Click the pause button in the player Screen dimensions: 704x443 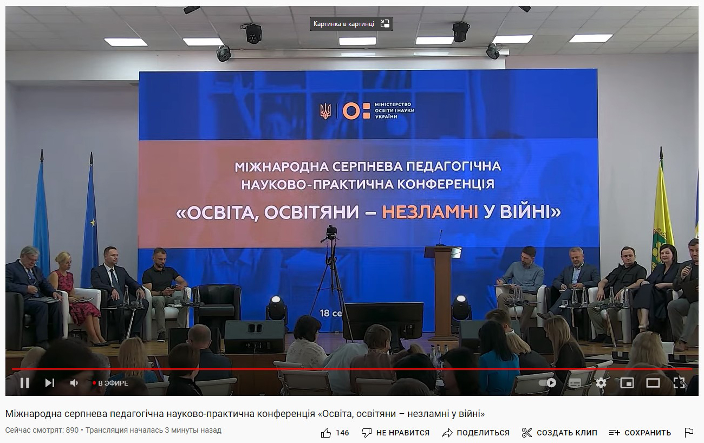(24, 383)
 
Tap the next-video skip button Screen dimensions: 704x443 (50, 383)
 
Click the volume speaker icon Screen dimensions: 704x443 (74, 383)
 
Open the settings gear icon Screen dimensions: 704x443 (601, 383)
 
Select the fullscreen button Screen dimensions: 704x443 (679, 383)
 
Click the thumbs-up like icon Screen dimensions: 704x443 (326, 433)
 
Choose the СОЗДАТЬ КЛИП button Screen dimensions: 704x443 (559, 433)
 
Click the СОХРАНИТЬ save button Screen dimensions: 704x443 (640, 433)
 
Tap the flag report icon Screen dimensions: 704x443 (689, 433)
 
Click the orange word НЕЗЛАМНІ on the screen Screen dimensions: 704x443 (430, 212)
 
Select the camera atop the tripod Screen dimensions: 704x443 (331, 233)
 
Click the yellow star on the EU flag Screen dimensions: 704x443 (93, 223)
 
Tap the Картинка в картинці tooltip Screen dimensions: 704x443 (351, 24)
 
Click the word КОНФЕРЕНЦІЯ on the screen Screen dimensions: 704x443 (446, 184)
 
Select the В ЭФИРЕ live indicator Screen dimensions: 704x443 (110, 383)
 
